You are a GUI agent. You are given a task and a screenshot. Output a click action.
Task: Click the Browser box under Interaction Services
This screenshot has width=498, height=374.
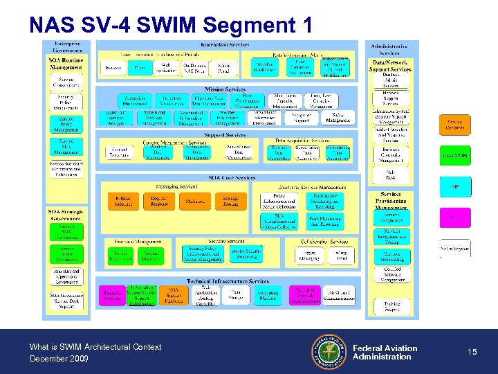111,68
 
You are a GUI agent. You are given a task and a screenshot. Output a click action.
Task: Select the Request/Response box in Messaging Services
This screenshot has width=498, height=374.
158,201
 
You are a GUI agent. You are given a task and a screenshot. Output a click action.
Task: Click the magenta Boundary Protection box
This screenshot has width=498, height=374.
111,294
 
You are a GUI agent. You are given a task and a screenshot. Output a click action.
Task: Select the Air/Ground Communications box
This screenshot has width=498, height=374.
338,294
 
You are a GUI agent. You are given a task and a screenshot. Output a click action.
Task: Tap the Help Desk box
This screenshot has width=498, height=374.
391,175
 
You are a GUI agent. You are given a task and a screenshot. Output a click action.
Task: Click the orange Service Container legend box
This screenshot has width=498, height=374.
455,125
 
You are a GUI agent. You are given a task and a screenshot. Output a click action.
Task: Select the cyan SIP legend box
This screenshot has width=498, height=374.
455,187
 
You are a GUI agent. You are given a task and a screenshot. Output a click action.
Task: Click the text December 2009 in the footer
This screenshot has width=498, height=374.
59,358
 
